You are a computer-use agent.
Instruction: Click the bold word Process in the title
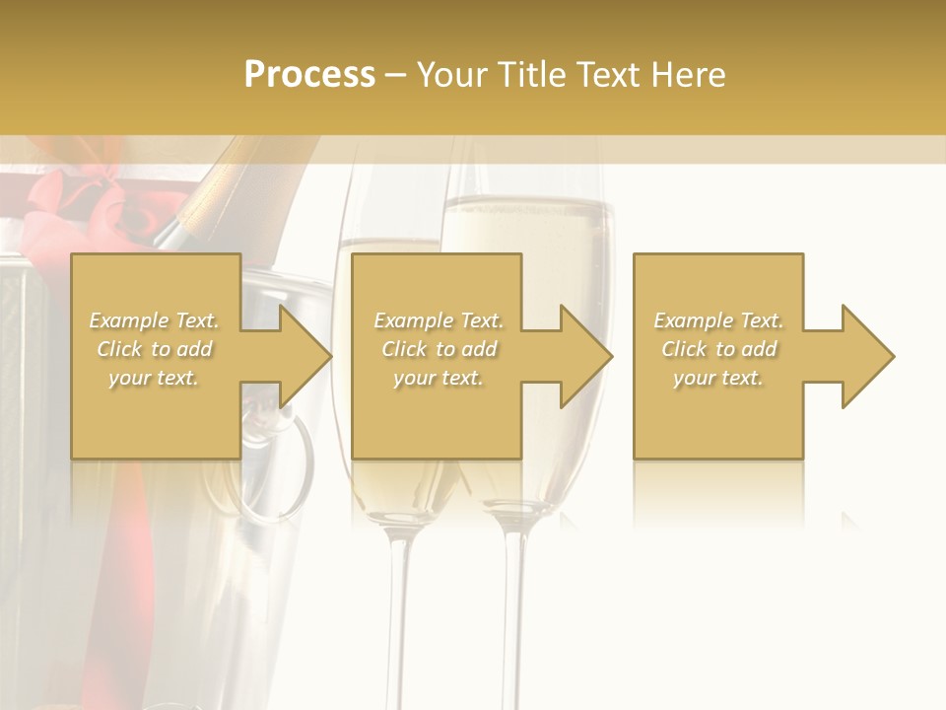[x=309, y=75]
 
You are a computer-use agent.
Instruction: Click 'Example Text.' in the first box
[x=155, y=320]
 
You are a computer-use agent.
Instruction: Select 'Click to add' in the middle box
[x=439, y=349]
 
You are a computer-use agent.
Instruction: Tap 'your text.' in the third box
[x=718, y=378]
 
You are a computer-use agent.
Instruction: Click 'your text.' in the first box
[x=155, y=378]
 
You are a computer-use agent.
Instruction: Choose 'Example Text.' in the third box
[x=718, y=320]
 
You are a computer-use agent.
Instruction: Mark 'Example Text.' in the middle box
[x=439, y=320]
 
